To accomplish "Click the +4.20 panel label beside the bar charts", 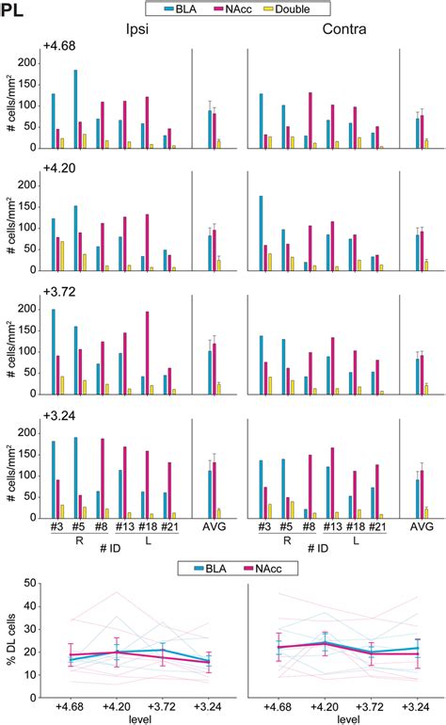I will point(58,171).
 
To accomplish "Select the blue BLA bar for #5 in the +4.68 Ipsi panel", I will point(75,108).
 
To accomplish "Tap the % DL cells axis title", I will point(11,640).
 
